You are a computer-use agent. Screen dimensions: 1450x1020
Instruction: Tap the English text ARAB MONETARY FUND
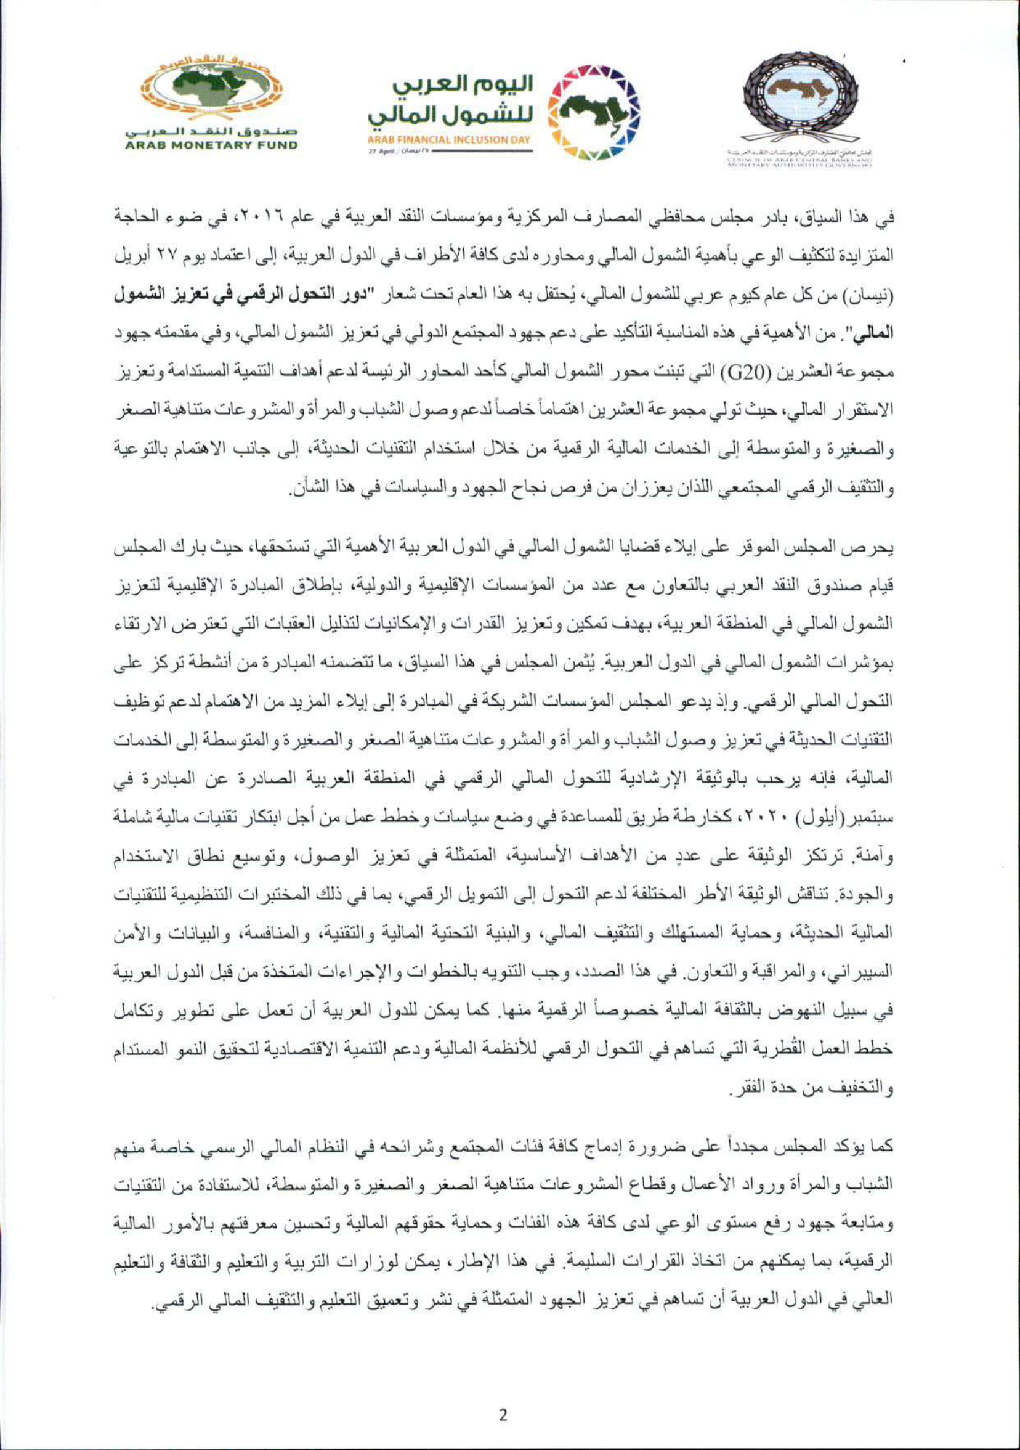[211, 145]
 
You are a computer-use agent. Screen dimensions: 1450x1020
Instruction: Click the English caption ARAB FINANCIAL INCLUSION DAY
[449, 139]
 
